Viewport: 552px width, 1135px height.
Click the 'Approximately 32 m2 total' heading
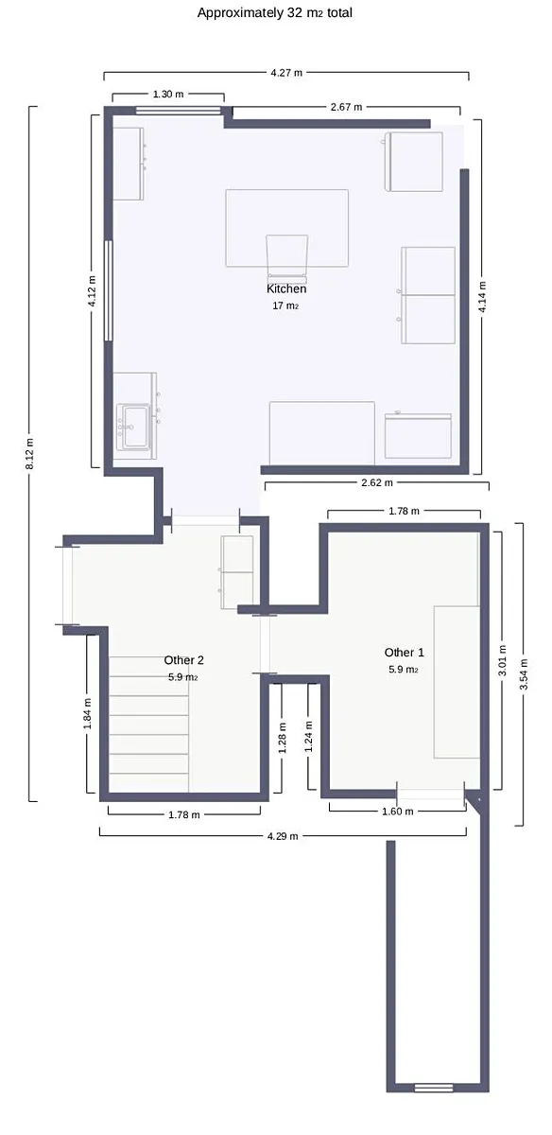[274, 12]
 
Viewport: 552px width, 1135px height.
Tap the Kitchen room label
[286, 288]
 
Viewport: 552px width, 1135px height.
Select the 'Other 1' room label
[405, 652]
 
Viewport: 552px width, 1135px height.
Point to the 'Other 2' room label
[183, 660]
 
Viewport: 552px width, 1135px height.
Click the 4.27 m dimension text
[286, 73]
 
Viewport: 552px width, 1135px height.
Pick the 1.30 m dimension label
[168, 94]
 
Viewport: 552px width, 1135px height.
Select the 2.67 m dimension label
[346, 107]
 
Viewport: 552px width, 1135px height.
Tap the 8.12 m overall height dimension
[29, 453]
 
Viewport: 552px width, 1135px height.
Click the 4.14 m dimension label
[482, 297]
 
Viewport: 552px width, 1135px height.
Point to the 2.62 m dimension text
[377, 482]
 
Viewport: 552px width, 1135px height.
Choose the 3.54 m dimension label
[524, 673]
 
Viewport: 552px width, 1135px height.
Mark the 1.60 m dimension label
[398, 812]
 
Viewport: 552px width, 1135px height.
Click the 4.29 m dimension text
[283, 836]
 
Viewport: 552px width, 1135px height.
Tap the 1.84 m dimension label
[88, 714]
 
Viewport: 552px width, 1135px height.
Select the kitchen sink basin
[133, 427]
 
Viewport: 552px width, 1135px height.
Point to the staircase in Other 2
[149, 725]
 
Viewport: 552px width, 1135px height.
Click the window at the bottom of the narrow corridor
[434, 1088]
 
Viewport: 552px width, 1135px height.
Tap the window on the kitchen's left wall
[108, 290]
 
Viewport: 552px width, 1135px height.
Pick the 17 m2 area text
[285, 306]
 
